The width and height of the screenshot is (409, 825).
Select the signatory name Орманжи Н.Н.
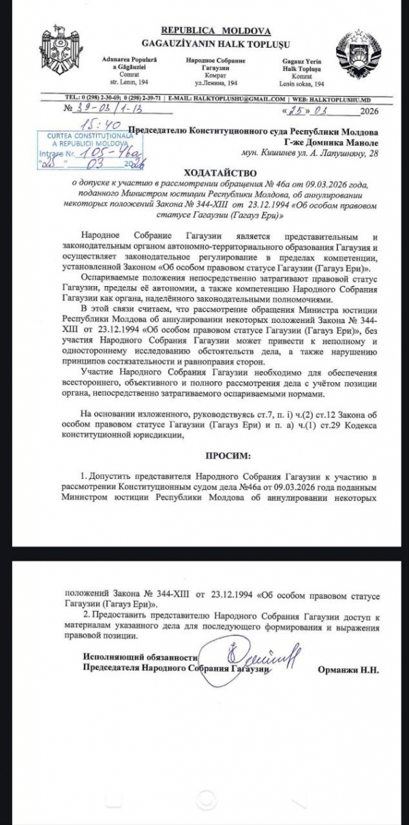click(x=348, y=670)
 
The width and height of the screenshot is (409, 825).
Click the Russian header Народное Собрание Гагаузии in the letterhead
click(x=215, y=64)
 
